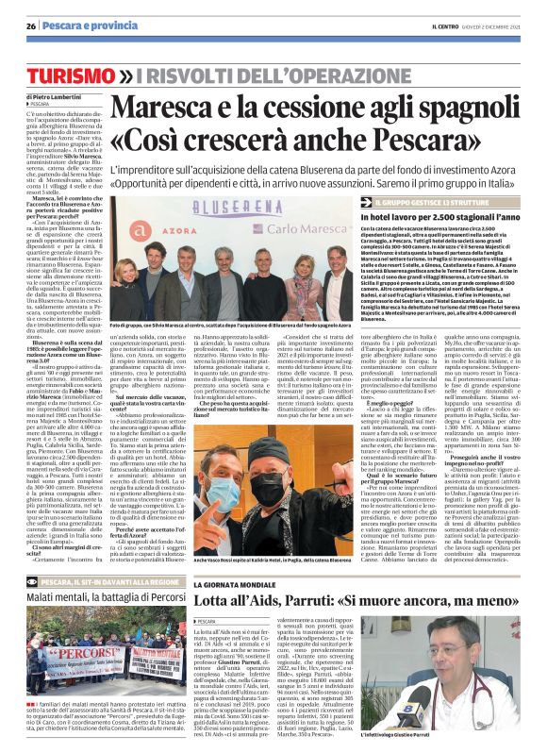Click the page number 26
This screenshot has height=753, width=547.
coord(31,25)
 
